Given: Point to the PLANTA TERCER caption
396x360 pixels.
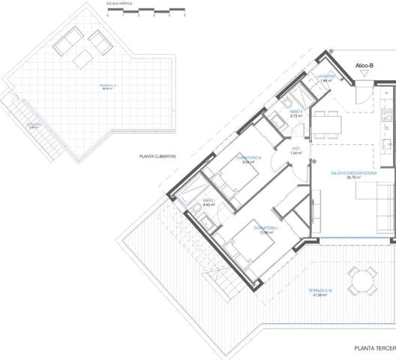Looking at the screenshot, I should pos(374,348).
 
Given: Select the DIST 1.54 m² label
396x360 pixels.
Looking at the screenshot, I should pos(296,150).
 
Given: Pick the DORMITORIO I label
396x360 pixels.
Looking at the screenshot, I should pos(266,229).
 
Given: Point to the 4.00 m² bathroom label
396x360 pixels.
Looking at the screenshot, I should pos(208,203).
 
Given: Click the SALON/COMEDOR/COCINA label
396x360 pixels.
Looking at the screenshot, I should pos(353,175).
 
